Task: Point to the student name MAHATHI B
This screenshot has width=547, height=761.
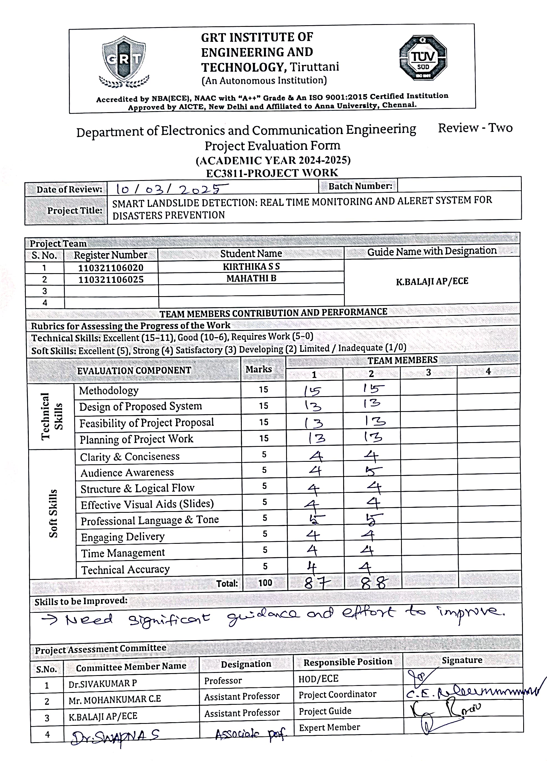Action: click(251, 278)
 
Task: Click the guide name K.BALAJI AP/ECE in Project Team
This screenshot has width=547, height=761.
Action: click(432, 281)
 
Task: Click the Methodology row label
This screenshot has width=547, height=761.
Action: click(109, 391)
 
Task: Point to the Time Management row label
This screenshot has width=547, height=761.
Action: click(123, 553)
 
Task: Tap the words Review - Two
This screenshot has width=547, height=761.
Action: click(475, 128)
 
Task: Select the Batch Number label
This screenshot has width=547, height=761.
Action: click(360, 186)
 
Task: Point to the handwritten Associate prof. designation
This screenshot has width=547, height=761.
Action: click(250, 734)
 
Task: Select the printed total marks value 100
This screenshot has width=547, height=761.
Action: click(265, 583)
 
